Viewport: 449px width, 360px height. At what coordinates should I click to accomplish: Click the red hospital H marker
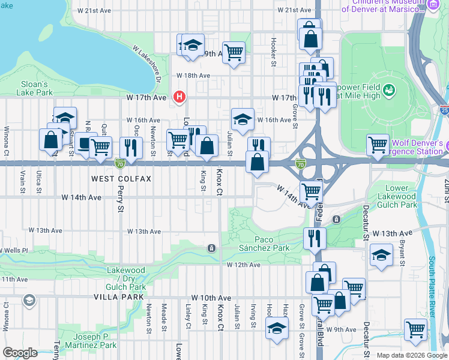[x=178, y=97]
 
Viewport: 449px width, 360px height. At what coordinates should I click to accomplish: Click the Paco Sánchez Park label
[x=264, y=243]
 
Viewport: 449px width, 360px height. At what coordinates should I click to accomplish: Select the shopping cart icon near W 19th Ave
[x=233, y=52]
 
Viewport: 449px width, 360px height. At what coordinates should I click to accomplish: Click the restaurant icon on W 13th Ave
[x=314, y=238]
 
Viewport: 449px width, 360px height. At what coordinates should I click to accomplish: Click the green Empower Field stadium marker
[x=389, y=90]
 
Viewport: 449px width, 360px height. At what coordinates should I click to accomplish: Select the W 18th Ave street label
[x=193, y=76]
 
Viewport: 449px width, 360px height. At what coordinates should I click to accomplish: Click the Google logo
[x=20, y=353]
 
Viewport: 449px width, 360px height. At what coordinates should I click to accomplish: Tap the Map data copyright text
[x=411, y=355]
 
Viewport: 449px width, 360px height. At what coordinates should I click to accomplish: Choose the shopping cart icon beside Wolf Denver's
[x=378, y=144]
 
